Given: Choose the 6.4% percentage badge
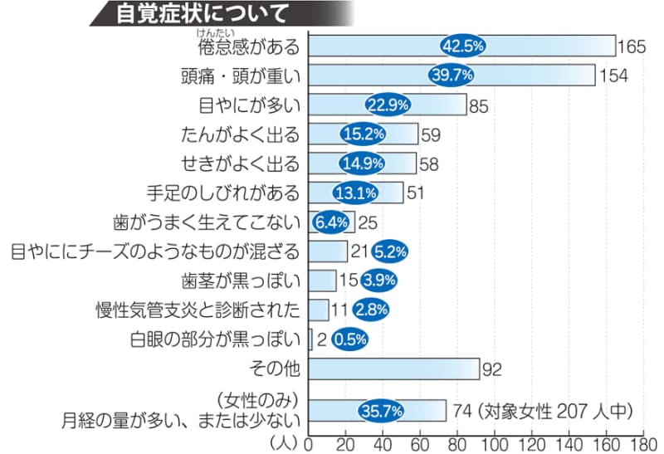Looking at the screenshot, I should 330,222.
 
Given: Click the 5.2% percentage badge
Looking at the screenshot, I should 389,251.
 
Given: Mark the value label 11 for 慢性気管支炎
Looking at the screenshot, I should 340,310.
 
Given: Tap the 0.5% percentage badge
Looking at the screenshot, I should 349,339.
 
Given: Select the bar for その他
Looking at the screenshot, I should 393,368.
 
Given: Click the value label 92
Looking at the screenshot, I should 493,368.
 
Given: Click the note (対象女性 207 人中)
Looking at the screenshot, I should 562,410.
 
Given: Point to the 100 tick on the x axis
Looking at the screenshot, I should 495,443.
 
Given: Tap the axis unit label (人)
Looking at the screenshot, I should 286,442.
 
